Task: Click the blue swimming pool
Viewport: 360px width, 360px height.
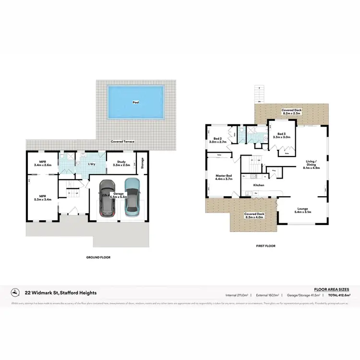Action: tap(136, 102)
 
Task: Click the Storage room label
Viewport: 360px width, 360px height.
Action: tap(142, 163)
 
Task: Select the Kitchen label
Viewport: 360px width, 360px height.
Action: tap(259, 185)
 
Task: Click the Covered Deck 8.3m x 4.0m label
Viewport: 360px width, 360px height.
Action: tap(254, 216)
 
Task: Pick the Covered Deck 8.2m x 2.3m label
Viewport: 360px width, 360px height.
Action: tap(291, 112)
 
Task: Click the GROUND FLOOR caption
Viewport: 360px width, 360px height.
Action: tap(98, 257)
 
